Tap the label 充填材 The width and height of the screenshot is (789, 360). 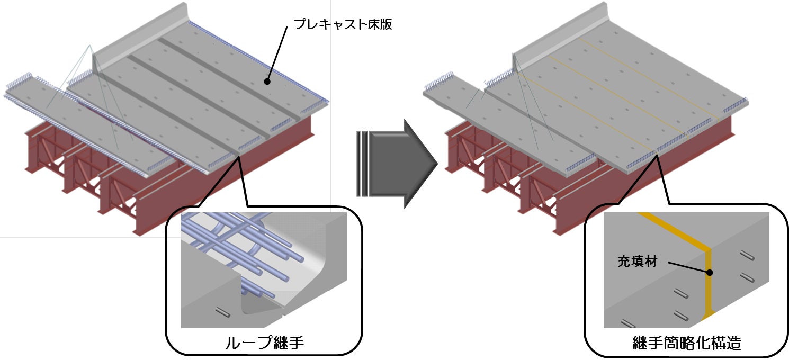637,261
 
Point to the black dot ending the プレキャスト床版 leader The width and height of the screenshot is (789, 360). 267,82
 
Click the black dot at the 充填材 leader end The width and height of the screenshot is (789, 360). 710,273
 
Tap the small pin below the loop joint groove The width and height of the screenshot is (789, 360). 223,312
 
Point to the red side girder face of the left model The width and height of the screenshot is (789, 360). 265,175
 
